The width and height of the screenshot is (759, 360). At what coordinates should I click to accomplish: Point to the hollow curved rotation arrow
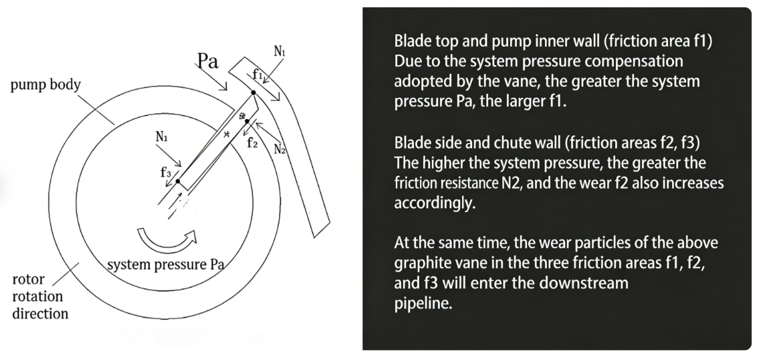(x=167, y=238)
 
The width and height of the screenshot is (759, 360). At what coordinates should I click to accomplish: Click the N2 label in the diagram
(x=280, y=148)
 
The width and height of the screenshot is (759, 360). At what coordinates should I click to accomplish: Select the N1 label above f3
(x=162, y=136)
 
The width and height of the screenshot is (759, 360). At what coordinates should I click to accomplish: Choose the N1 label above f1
(x=281, y=51)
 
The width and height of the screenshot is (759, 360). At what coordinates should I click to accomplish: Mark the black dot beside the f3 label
(x=178, y=181)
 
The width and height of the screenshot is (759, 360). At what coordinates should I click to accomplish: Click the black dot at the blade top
(x=253, y=92)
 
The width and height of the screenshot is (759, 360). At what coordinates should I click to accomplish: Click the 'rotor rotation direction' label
(x=40, y=296)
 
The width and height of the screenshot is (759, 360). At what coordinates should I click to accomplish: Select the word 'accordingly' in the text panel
(x=435, y=203)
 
